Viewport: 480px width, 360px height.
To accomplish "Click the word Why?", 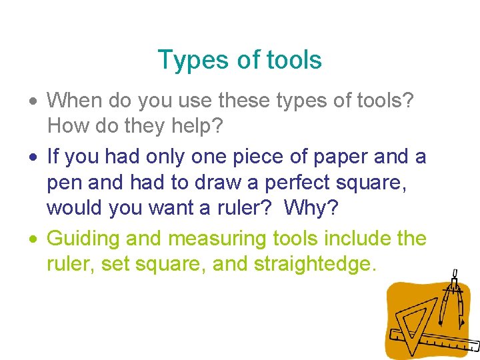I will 311,207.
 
